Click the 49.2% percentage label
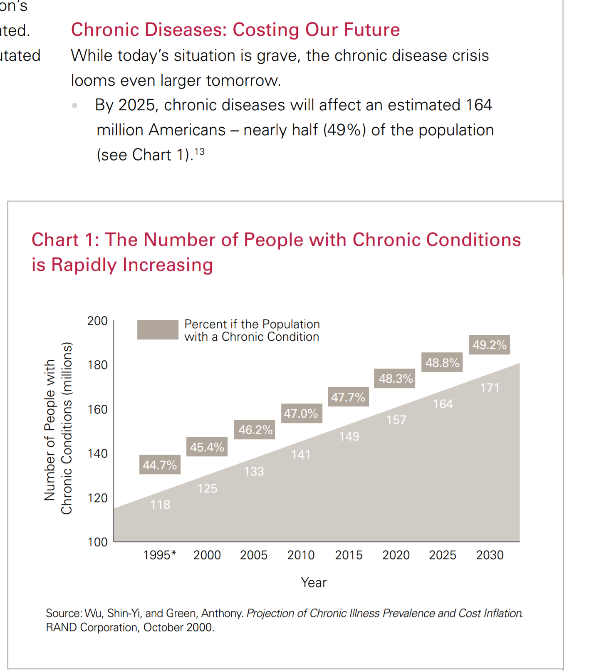[489, 345]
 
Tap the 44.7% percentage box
[160, 465]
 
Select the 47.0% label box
[301, 413]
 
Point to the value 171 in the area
[490, 388]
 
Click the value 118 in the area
[160, 505]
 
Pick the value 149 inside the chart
[349, 436]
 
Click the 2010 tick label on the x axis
[301, 555]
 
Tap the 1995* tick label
[160, 555]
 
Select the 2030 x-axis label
[490, 555]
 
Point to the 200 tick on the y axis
[97, 321]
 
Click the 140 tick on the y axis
[97, 453]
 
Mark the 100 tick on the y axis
[97, 542]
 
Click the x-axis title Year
[313, 582]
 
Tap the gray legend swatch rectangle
[158, 329]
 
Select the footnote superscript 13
[200, 151]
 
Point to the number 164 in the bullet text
[479, 105]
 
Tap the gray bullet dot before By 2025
[74, 106]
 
